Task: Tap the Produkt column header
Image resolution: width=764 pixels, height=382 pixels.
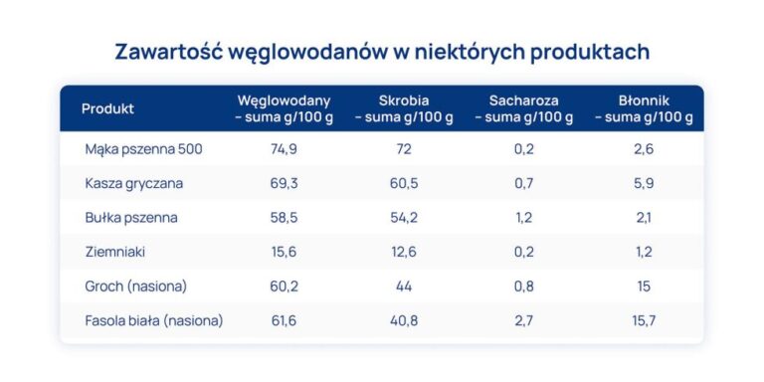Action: (x=107, y=108)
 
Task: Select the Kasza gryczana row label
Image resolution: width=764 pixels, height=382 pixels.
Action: (x=134, y=183)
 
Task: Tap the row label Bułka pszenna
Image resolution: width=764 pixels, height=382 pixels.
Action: (x=131, y=218)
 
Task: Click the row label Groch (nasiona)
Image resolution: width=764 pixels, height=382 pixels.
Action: (x=136, y=286)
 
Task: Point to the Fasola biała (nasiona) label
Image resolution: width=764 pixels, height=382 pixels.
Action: (x=154, y=320)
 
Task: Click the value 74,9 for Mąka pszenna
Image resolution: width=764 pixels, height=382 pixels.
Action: (x=284, y=149)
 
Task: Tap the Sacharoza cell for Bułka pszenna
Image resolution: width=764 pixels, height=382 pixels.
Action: (x=524, y=218)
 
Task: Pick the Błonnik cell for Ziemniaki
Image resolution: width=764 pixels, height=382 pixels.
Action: (x=644, y=253)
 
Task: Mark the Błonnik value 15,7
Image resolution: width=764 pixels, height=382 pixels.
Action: (x=644, y=320)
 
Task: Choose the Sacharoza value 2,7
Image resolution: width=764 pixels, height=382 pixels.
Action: (x=524, y=320)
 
